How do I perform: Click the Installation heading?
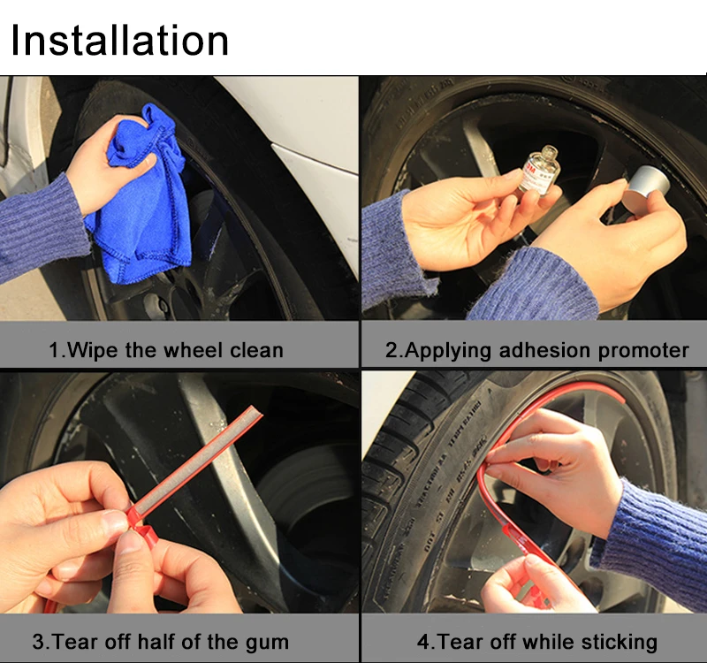pos(120,41)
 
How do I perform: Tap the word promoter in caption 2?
pos(642,350)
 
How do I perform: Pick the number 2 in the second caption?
pos(392,350)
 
